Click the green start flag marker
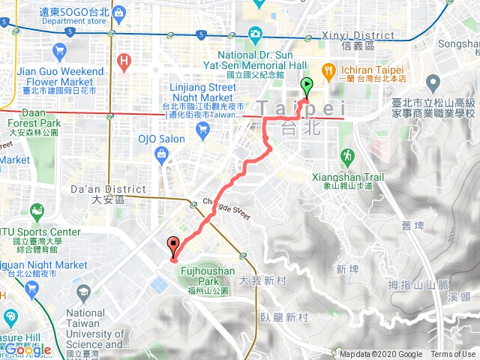306,85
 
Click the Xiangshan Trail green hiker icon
346,156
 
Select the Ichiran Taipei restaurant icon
328,70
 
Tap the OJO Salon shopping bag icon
161,154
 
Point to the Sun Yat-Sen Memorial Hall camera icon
255,34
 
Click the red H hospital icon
124,60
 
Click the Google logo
28,349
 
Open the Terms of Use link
453,355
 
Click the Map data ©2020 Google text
380,355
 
